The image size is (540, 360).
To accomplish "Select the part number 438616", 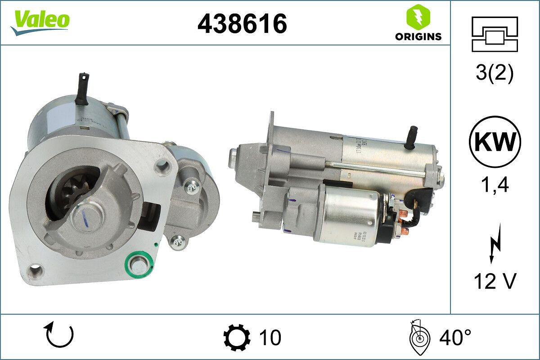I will point(242,23).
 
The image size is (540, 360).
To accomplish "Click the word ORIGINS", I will point(418,37).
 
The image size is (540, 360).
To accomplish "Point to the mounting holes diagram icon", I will point(495,34).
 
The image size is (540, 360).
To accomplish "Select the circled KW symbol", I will point(495,142).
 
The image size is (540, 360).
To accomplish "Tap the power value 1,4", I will point(495,184).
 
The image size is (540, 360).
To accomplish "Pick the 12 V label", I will point(495,281).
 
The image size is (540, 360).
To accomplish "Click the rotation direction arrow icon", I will point(58,336).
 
